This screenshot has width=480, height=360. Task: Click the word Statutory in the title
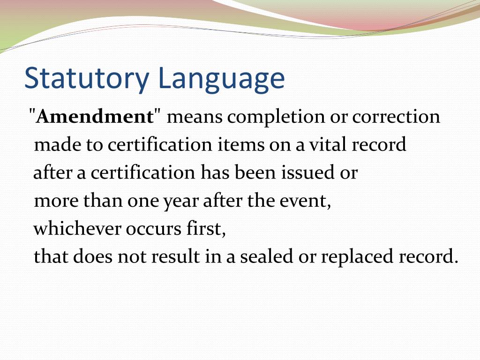87,78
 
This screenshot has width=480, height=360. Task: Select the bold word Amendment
95,117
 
